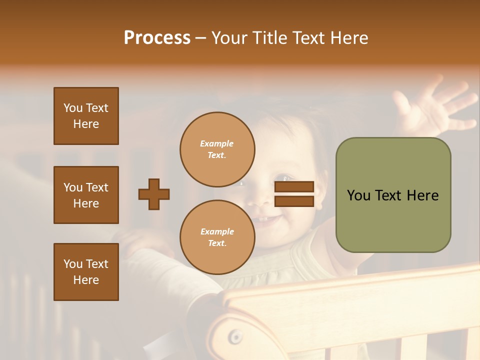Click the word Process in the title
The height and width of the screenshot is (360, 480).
157,38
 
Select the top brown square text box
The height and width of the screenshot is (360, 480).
86,116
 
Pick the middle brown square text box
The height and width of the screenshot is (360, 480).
86,195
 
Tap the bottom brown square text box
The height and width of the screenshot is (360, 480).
86,272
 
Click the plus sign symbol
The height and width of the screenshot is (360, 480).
154,194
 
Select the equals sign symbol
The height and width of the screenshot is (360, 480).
294,194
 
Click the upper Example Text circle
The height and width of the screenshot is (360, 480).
217,149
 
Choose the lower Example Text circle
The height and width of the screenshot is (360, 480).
217,237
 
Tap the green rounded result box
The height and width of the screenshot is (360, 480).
393,195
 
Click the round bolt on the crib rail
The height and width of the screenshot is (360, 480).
235,337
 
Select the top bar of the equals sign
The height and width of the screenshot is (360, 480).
294,187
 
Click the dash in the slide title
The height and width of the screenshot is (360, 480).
200,38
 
